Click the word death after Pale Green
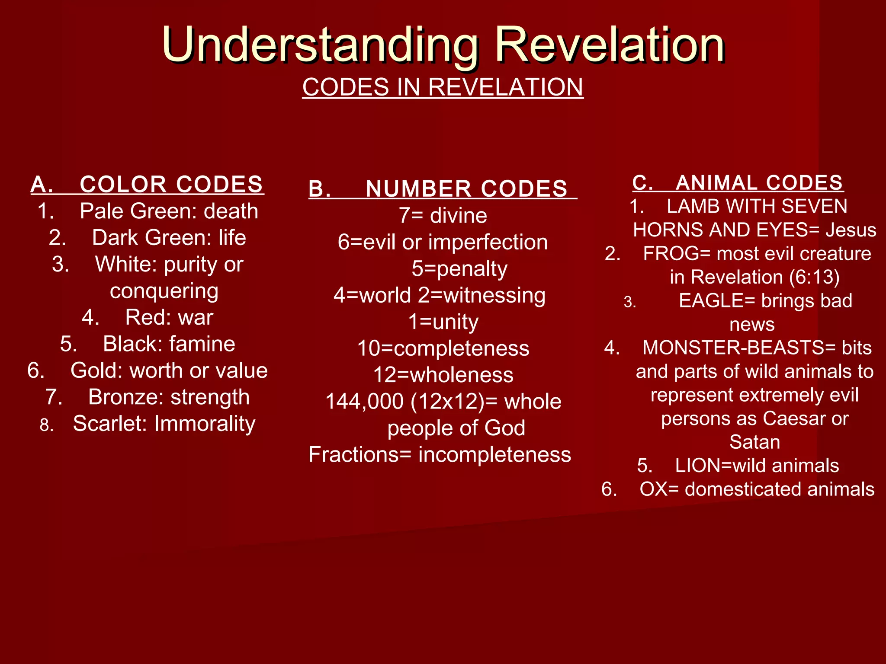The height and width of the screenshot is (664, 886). click(231, 211)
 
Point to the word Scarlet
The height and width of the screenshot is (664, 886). click(110, 424)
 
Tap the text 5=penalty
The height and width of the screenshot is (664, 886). click(459, 269)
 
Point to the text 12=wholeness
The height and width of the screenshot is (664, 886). click(443, 375)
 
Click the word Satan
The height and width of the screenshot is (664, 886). click(754, 442)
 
